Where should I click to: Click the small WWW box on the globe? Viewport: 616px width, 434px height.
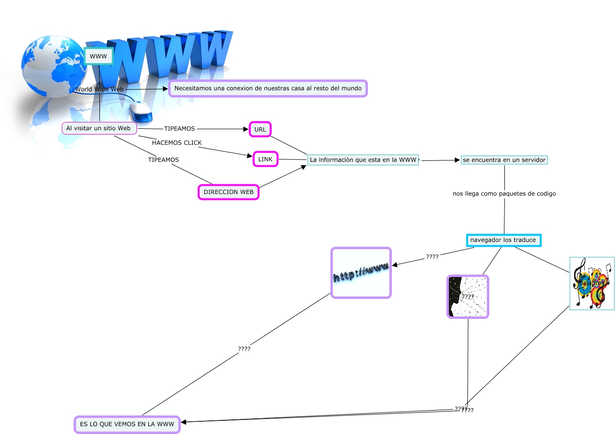[98, 57]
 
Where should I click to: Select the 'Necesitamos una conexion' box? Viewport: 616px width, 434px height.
[268, 89]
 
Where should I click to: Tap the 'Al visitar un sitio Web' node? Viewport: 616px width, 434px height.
[99, 128]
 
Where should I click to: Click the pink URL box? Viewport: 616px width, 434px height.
[260, 129]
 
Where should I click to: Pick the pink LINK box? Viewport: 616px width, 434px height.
[266, 159]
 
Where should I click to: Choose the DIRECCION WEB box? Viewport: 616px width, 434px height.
[229, 192]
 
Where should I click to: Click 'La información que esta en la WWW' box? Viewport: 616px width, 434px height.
[363, 159]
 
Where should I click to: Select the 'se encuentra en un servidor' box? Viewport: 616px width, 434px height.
[504, 160]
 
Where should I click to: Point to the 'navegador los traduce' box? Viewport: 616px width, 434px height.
[503, 240]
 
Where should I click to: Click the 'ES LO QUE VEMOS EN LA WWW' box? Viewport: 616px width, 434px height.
[127, 424]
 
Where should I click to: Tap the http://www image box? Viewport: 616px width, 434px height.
[361, 273]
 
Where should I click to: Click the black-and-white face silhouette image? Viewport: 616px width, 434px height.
[468, 296]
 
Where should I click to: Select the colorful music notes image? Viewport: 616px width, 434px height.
[592, 283]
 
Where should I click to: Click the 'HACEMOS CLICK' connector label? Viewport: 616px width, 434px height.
[177, 143]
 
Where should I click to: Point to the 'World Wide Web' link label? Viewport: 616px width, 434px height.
[99, 89]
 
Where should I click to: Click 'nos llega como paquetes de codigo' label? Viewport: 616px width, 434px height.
[504, 194]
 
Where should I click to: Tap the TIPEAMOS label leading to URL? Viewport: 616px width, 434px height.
[179, 129]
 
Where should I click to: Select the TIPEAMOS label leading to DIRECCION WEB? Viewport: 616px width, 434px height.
[163, 159]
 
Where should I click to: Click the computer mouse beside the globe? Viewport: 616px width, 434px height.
[141, 111]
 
